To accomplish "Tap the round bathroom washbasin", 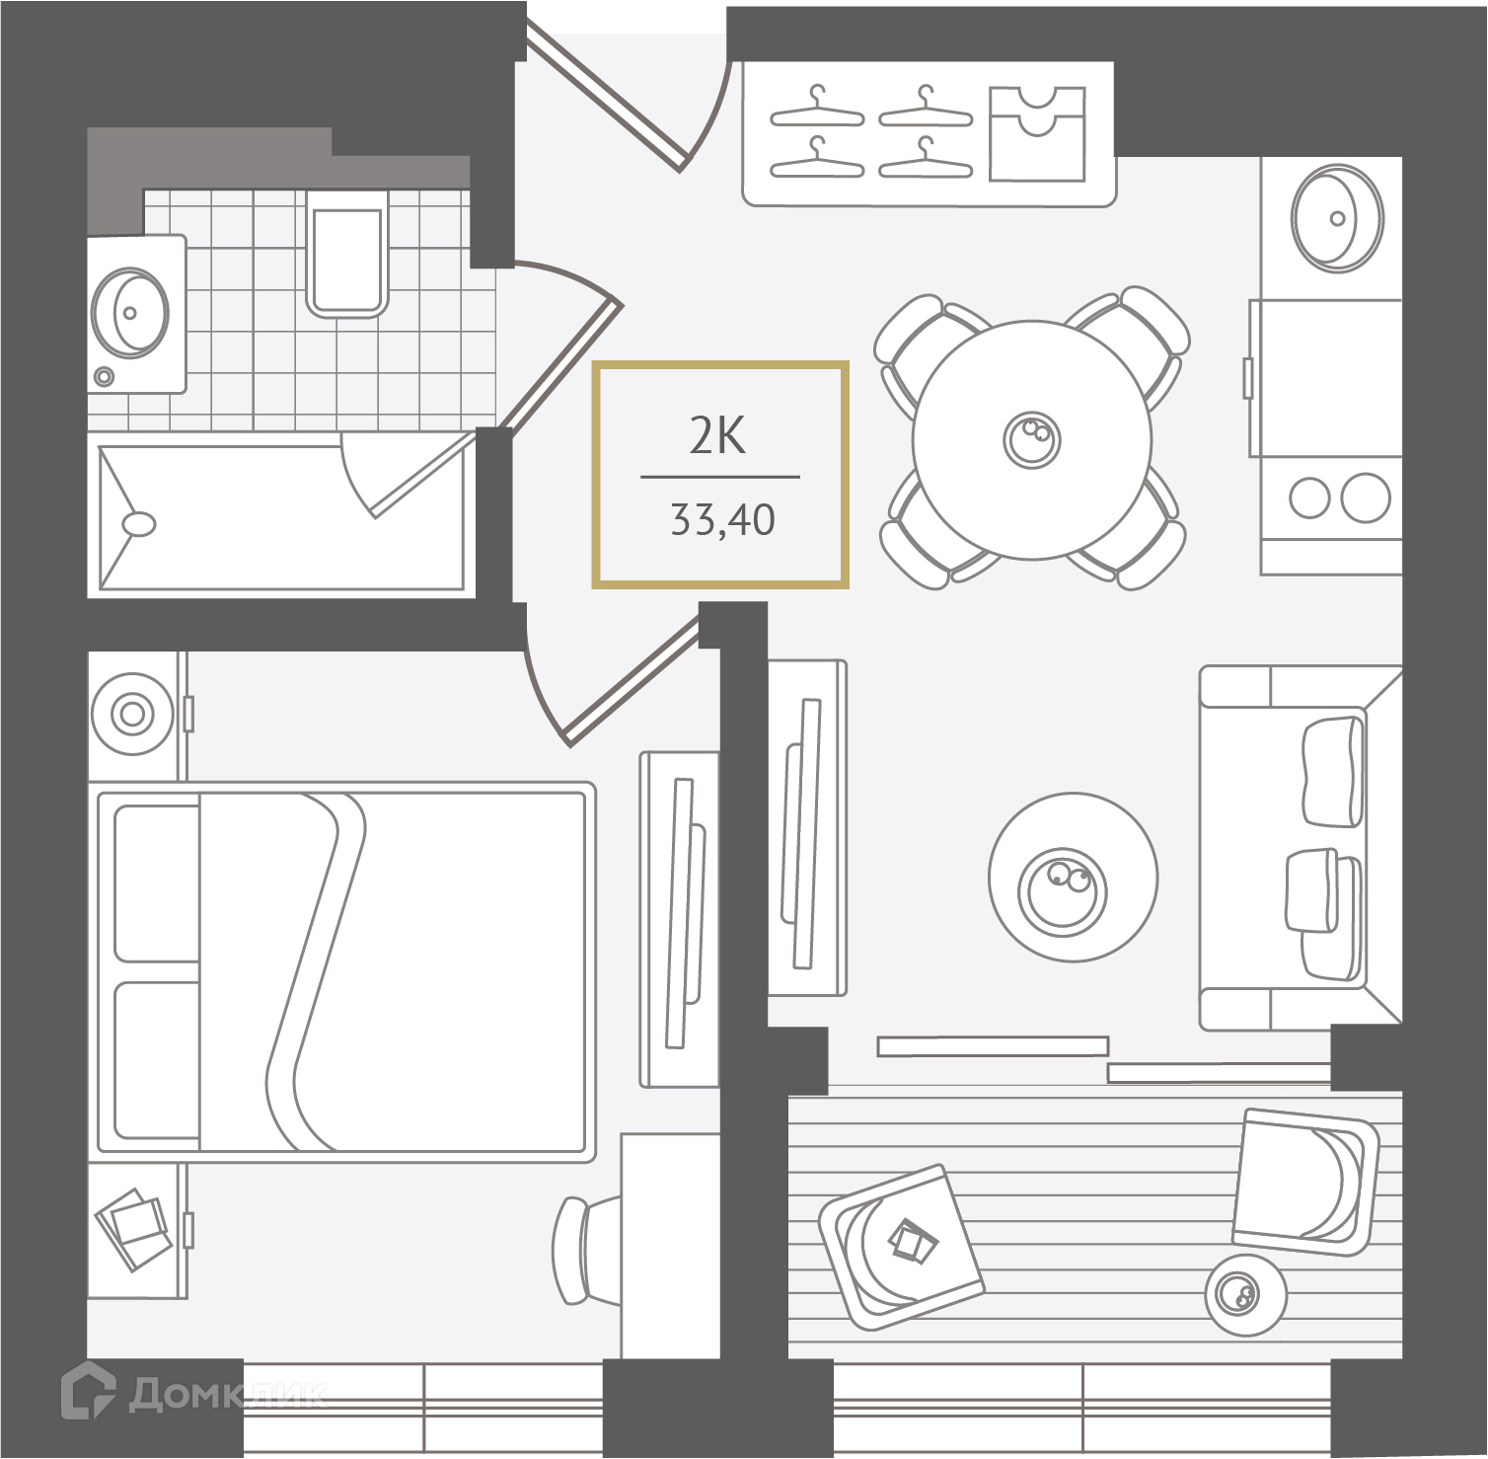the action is click(x=129, y=312).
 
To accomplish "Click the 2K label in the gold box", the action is click(x=717, y=435).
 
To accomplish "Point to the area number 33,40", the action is click(x=722, y=519).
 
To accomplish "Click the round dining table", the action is click(x=1031, y=439).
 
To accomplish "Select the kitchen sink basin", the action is click(x=1338, y=218).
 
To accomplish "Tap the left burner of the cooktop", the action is click(x=1309, y=498).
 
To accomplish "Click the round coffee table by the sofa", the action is click(x=1073, y=877).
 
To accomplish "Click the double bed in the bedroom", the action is click(x=341, y=968).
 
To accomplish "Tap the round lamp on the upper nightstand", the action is click(x=132, y=713).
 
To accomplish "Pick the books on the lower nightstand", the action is click(x=132, y=1227).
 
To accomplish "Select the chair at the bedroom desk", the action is click(x=586, y=1251).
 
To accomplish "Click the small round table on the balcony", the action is click(x=1245, y=1294).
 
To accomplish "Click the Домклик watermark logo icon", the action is click(x=88, y=1392).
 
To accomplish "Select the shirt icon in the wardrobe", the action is click(x=1037, y=133).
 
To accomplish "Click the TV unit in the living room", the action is click(x=807, y=827).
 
